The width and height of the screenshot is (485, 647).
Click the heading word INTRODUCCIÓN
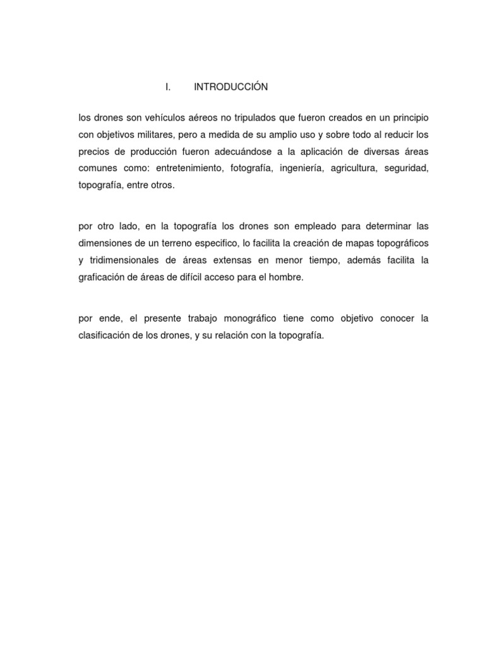click(x=231, y=87)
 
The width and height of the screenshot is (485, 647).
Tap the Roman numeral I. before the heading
click(x=168, y=87)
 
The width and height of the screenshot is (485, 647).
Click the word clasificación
click(x=105, y=334)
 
